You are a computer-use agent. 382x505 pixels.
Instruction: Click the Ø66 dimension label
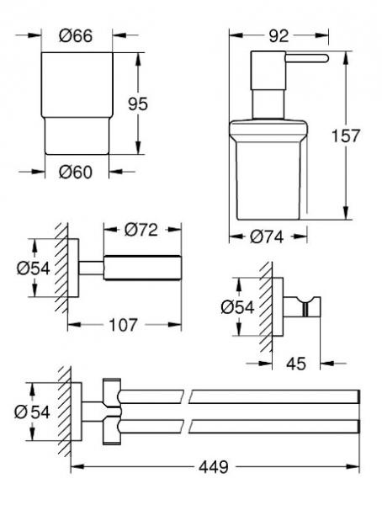(77, 35)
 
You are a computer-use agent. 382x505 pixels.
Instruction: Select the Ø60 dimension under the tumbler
(77, 173)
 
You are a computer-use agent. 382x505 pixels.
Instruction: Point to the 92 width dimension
(279, 35)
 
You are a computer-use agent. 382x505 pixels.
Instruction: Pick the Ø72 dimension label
(141, 229)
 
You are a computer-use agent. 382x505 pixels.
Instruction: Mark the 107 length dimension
(125, 324)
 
